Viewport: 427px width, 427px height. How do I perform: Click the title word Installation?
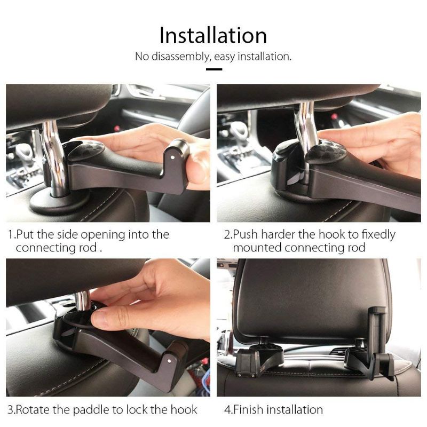pos(213,35)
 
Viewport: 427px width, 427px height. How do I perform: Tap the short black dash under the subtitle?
pos(213,69)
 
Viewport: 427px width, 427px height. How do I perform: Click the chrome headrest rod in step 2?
pos(306,123)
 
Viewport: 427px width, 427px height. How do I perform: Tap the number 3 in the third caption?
pos(10,410)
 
